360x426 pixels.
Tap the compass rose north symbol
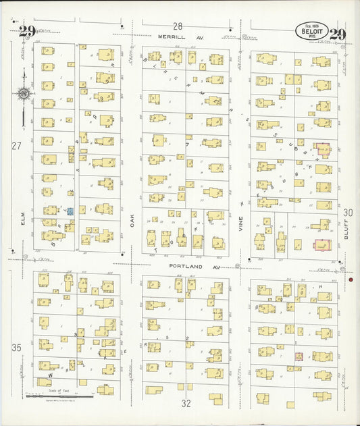(x=24, y=94)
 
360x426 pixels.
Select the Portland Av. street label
(x=186, y=267)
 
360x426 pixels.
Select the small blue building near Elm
(x=70, y=211)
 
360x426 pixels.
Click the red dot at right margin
(x=351, y=279)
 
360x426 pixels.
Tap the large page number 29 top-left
(x=27, y=31)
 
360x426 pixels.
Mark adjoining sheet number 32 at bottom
(x=186, y=403)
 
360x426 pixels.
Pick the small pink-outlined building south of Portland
(x=298, y=356)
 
